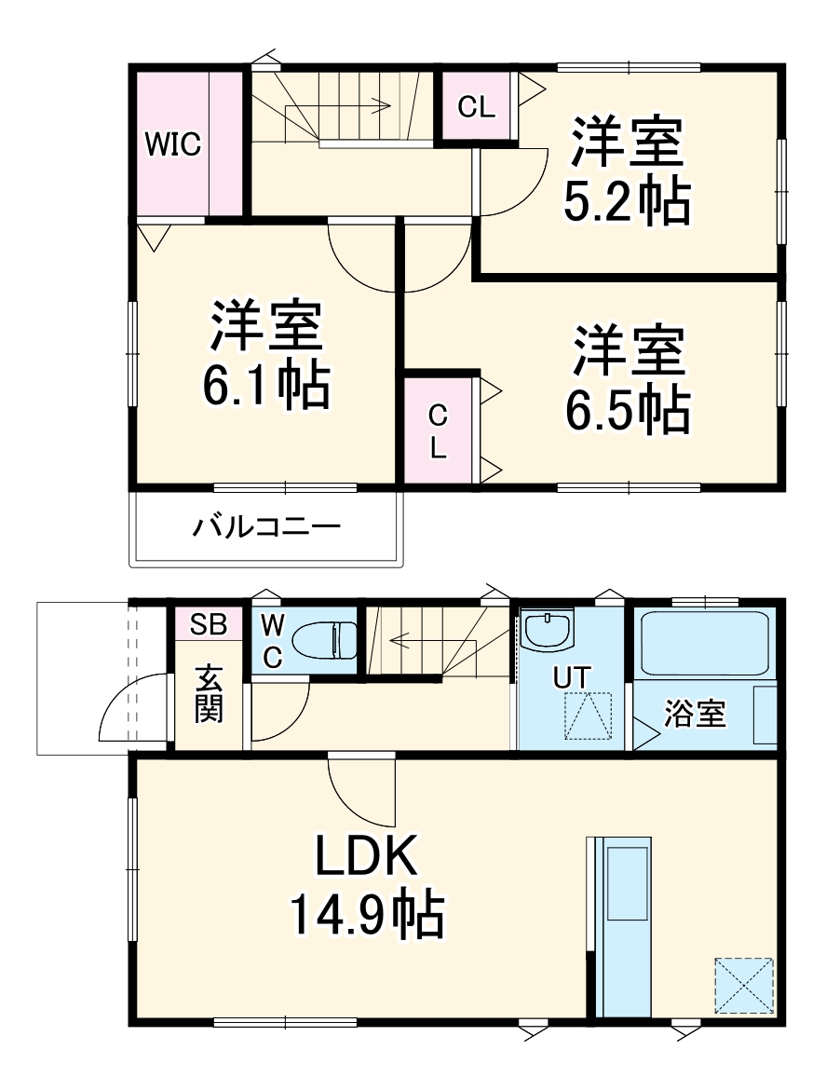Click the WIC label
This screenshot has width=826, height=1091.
(x=172, y=145)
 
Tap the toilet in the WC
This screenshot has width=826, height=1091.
(x=325, y=640)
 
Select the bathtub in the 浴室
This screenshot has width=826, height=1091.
(x=704, y=642)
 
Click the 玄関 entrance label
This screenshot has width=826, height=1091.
(x=209, y=695)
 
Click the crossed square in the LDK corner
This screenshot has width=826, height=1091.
(x=744, y=985)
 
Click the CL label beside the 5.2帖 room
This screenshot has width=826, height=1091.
(x=476, y=107)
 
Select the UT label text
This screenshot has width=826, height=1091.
(x=571, y=677)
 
